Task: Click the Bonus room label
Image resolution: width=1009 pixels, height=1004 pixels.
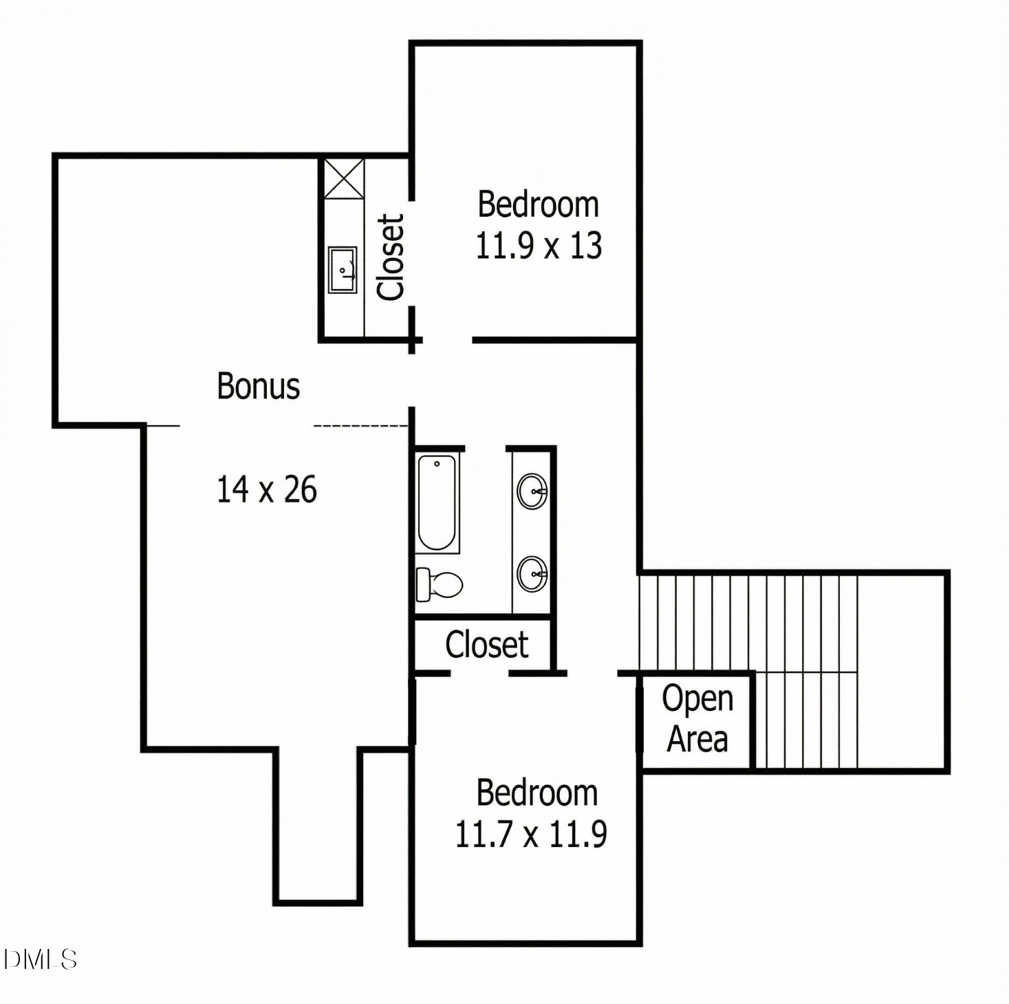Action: tap(259, 387)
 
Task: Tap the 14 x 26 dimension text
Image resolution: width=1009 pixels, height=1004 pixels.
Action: tap(267, 490)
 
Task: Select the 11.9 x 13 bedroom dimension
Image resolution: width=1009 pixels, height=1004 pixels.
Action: tap(539, 246)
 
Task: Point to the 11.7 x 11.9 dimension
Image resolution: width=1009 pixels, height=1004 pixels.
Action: tap(531, 834)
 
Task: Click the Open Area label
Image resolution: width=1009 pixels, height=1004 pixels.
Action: tap(697, 718)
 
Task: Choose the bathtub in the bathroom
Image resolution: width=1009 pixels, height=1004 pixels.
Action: tap(437, 503)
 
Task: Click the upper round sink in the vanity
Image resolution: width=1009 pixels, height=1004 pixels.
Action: tap(532, 491)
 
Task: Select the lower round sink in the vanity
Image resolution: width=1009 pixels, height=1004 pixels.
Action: tap(532, 574)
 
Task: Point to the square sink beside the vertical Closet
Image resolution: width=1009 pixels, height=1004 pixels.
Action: tap(343, 270)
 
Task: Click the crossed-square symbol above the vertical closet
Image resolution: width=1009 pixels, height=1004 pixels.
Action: tap(344, 178)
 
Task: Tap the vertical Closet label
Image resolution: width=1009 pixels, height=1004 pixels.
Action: tap(390, 257)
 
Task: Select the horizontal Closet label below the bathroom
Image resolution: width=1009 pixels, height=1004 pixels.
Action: tap(487, 645)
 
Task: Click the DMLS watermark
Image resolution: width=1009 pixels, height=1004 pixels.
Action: tap(40, 959)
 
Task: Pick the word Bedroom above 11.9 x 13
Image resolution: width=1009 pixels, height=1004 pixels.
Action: tap(539, 204)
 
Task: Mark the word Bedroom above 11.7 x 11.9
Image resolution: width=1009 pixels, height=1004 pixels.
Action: tap(537, 793)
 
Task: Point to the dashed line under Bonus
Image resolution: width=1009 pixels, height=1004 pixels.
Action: tap(361, 426)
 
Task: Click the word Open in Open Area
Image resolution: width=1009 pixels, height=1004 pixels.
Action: tap(697, 698)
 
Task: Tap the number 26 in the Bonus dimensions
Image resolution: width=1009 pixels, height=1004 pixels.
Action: tap(301, 490)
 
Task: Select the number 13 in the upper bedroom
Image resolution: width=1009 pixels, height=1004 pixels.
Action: tap(586, 246)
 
